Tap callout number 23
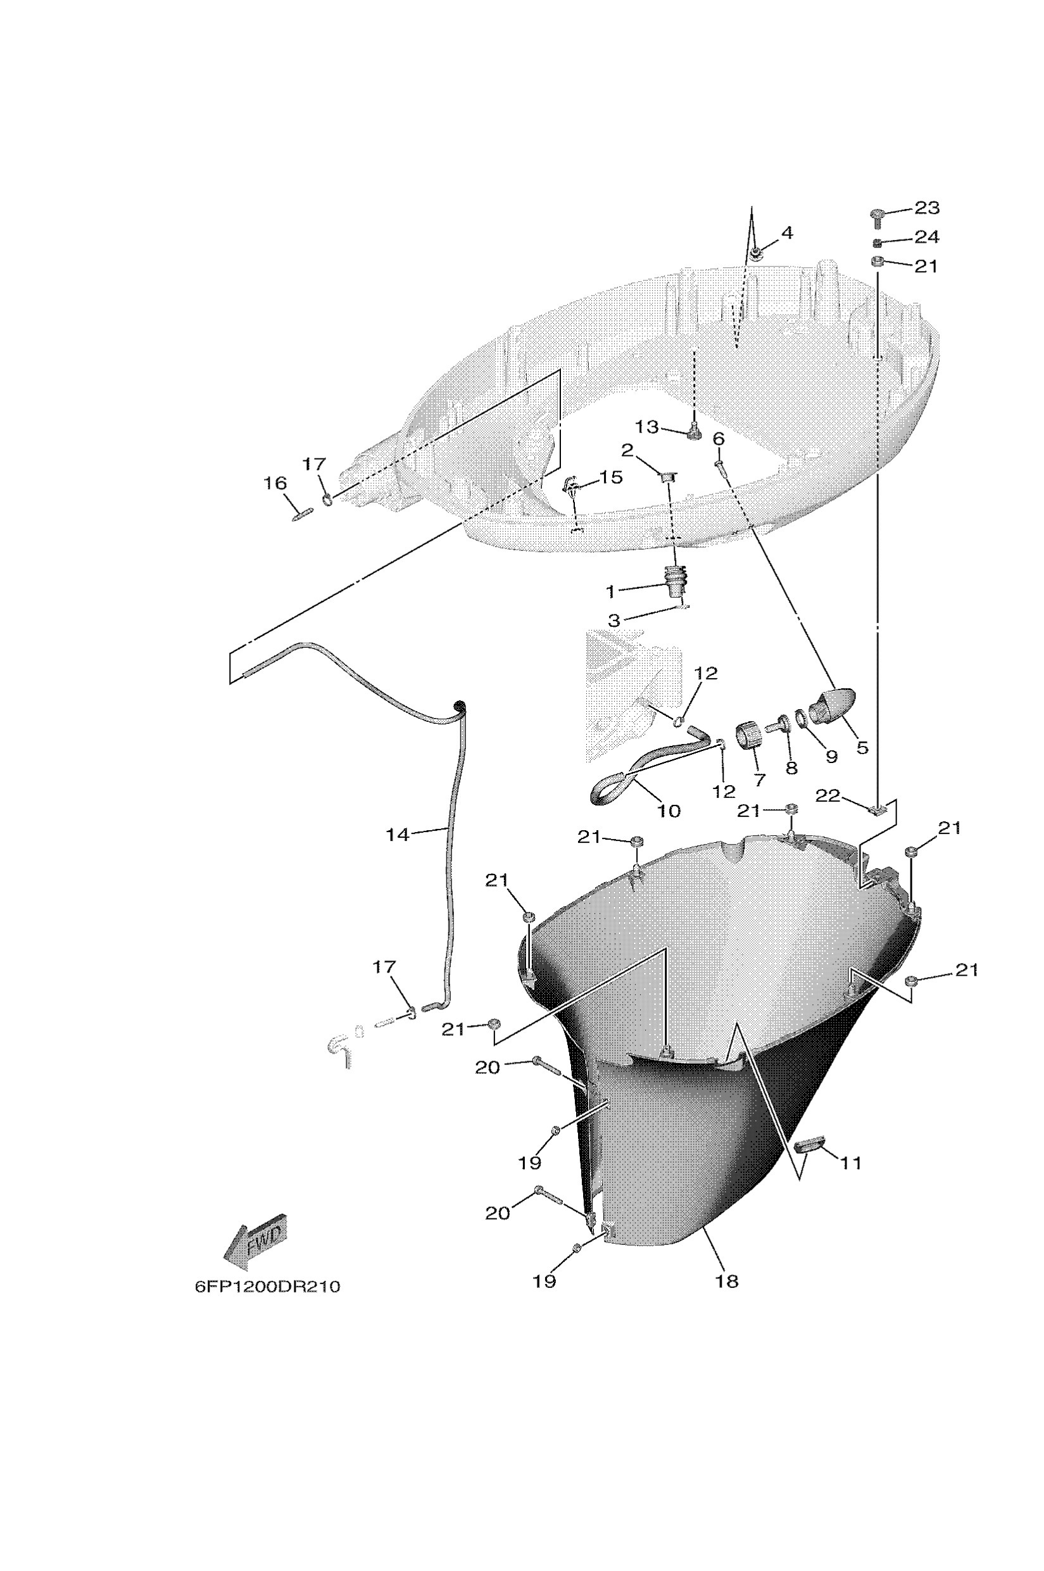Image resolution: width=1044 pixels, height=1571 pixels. [927, 208]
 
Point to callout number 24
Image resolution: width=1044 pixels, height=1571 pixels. [927, 237]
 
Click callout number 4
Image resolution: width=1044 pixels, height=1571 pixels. [787, 233]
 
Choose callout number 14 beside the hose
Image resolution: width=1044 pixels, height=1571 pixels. [398, 834]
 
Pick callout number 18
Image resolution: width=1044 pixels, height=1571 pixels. [727, 1280]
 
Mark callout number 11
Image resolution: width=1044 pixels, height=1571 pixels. [851, 1163]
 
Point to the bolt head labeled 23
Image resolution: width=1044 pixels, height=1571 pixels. [877, 215]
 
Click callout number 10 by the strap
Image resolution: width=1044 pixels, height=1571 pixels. [669, 811]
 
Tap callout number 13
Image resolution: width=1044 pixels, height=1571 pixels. [646, 427]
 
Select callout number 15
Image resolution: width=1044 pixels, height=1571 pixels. [610, 477]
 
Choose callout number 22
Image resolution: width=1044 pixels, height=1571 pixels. [828, 796]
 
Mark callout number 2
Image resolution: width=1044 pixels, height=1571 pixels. [627, 451]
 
